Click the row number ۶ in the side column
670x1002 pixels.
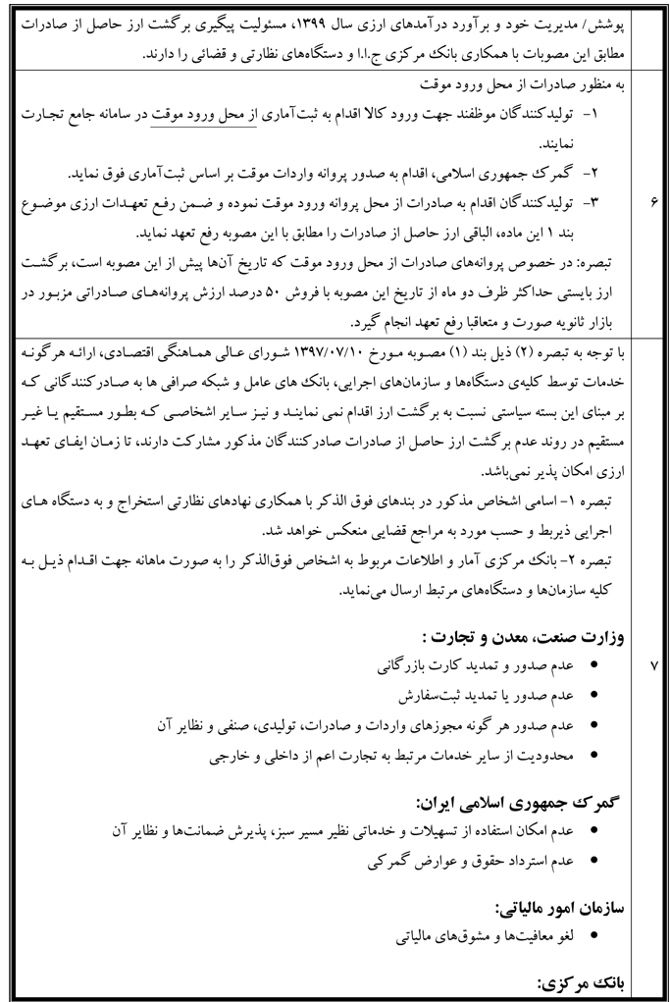(653, 204)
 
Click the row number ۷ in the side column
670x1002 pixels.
(653, 665)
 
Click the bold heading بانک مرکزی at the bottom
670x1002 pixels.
(587, 980)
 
